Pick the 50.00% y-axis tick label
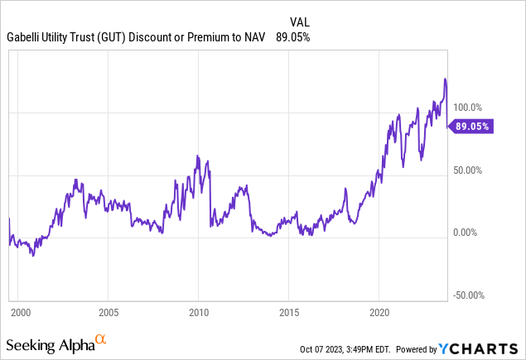click(x=467, y=170)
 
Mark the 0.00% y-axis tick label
click(x=468, y=233)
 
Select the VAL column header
click(x=301, y=21)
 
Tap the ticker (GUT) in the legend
click(x=121, y=37)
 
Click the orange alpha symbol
click(x=100, y=339)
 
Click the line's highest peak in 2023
click(x=445, y=79)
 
